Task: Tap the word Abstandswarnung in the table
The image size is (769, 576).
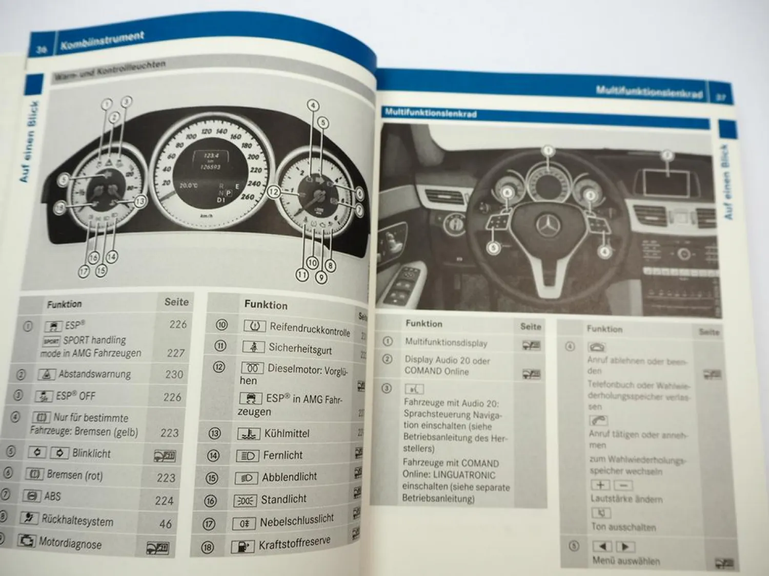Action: (x=94, y=374)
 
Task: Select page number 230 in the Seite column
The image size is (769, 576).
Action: (x=174, y=375)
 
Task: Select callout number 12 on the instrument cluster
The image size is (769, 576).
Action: (x=274, y=192)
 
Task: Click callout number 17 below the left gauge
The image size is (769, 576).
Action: (x=84, y=271)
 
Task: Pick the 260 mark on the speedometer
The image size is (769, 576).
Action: (x=247, y=197)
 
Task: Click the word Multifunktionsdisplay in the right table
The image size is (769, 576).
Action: (x=446, y=343)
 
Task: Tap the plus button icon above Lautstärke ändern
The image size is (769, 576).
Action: (x=600, y=485)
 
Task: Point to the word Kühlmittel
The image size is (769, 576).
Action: (x=287, y=434)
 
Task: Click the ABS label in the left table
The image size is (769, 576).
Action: (x=52, y=496)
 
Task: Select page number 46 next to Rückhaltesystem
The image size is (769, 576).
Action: (x=165, y=524)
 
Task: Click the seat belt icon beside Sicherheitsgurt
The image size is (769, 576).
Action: (x=253, y=347)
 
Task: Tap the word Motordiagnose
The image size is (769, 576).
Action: (x=70, y=543)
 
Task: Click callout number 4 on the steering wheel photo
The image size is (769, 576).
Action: (x=605, y=251)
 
